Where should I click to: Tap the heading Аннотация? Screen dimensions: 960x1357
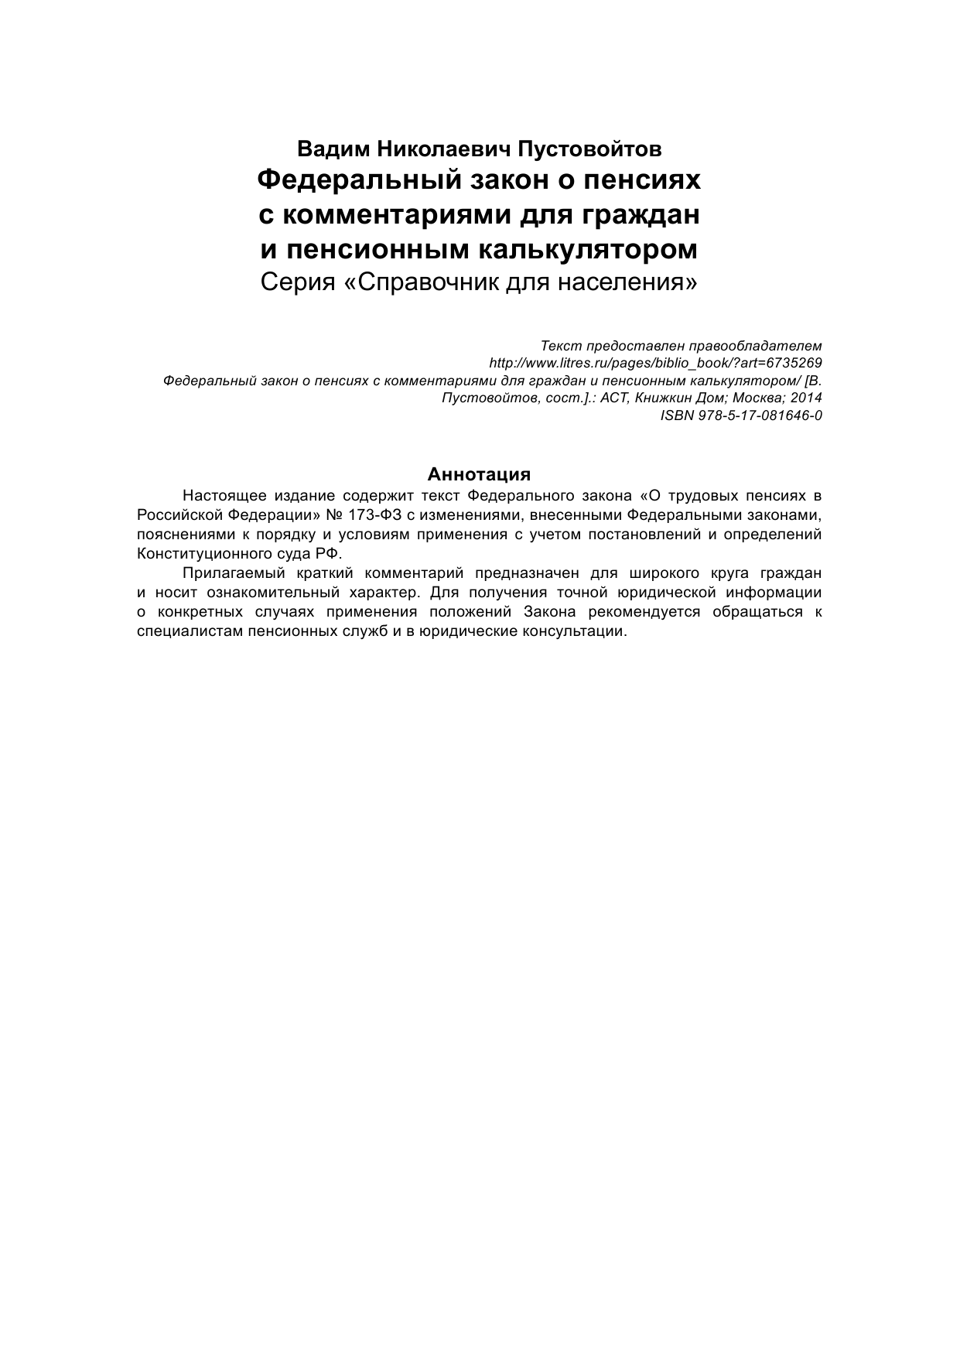(479, 474)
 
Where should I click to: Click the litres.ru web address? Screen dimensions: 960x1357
(656, 363)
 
